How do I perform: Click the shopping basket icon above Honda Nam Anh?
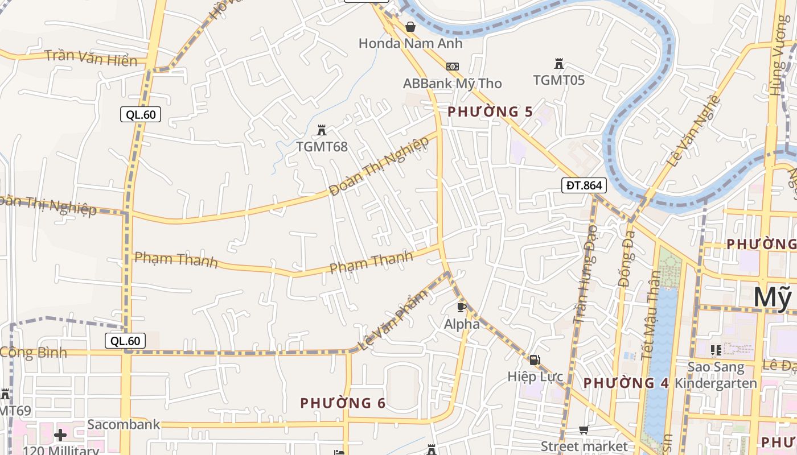[410, 27]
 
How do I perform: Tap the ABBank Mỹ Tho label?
[452, 84]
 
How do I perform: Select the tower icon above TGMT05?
[558, 64]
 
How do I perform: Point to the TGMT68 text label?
[322, 147]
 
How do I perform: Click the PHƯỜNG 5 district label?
[490, 111]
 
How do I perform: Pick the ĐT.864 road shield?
[584, 185]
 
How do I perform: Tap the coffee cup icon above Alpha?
[462, 308]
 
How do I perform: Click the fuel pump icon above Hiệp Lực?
[535, 359]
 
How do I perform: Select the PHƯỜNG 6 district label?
[343, 403]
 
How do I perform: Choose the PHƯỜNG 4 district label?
[626, 383]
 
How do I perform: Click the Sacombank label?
[124, 424]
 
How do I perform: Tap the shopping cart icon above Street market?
[584, 430]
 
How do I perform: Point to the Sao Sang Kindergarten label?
[716, 375]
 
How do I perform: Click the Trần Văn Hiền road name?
[91, 58]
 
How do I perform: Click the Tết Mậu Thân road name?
[650, 316]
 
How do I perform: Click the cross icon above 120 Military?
[60, 435]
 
